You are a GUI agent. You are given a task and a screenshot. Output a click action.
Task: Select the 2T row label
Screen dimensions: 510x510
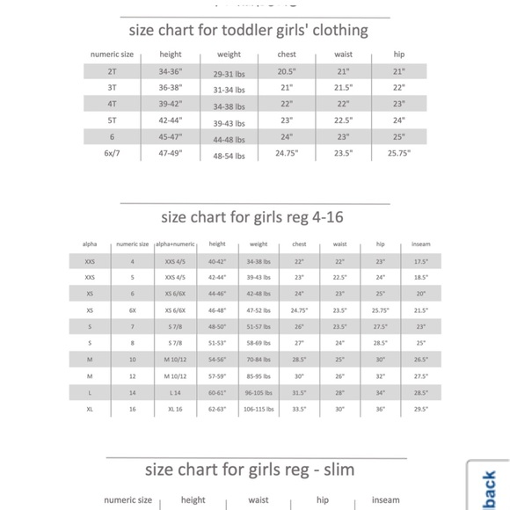tap(113, 71)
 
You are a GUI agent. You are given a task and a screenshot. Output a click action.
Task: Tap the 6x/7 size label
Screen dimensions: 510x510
tap(113, 152)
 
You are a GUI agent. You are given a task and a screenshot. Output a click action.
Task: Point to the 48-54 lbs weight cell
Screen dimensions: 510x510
tap(229, 156)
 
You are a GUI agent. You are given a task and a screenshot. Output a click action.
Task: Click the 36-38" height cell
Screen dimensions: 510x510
tap(171, 87)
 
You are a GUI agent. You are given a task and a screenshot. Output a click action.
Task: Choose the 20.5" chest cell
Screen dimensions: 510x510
tap(287, 71)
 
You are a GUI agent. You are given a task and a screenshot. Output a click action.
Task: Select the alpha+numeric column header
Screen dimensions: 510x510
tap(174, 244)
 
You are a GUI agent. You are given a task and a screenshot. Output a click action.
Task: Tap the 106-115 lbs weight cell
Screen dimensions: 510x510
tap(259, 410)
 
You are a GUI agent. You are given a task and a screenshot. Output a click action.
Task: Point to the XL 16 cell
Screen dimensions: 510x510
tap(174, 410)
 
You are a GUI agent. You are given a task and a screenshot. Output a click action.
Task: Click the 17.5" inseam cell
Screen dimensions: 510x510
tap(421, 261)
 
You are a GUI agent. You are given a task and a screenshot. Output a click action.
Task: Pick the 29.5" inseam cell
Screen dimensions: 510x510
tap(421, 409)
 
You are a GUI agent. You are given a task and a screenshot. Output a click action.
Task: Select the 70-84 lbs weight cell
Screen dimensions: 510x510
tap(259, 360)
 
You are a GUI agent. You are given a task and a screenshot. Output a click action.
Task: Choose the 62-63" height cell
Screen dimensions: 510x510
tap(217, 410)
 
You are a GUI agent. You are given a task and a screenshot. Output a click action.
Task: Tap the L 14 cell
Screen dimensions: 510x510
tap(174, 393)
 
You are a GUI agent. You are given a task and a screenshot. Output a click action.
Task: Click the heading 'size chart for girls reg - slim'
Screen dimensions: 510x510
tap(250, 469)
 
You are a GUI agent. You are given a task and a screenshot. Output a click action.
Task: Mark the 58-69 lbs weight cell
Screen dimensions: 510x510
tap(259, 343)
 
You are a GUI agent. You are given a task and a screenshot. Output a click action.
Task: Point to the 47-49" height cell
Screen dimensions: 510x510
tap(171, 152)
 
